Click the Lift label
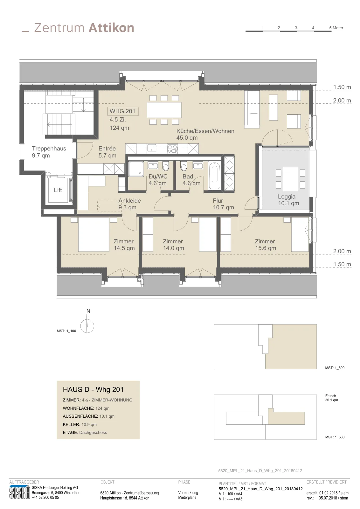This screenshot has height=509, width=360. point(58,190)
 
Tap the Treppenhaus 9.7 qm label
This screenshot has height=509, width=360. point(49,152)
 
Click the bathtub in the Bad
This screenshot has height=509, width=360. point(214,176)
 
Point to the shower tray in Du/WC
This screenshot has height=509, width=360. point(136,169)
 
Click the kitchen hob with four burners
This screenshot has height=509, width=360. point(172,149)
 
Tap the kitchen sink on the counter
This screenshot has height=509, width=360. point(152,149)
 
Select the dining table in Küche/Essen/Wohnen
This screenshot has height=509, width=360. point(164,110)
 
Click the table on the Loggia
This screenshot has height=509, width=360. point(290,179)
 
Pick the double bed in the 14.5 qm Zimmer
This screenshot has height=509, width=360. point(94,234)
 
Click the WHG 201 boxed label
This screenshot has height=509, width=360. point(123,111)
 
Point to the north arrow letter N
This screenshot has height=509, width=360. point(88,311)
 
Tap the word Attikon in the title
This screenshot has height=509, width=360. point(111,28)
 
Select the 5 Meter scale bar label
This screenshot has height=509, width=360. point(336,28)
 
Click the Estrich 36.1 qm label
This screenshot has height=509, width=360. point(331,398)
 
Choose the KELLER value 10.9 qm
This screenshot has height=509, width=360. point(89,424)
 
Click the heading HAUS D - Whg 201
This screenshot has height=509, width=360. point(93,389)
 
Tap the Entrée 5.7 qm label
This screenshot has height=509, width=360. point(107,152)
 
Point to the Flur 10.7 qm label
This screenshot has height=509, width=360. point(223,204)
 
